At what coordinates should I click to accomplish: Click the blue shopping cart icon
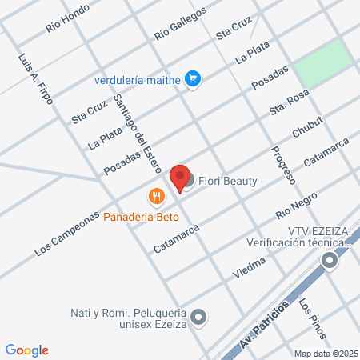pos(192,78)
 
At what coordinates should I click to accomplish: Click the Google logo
pos(27,350)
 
